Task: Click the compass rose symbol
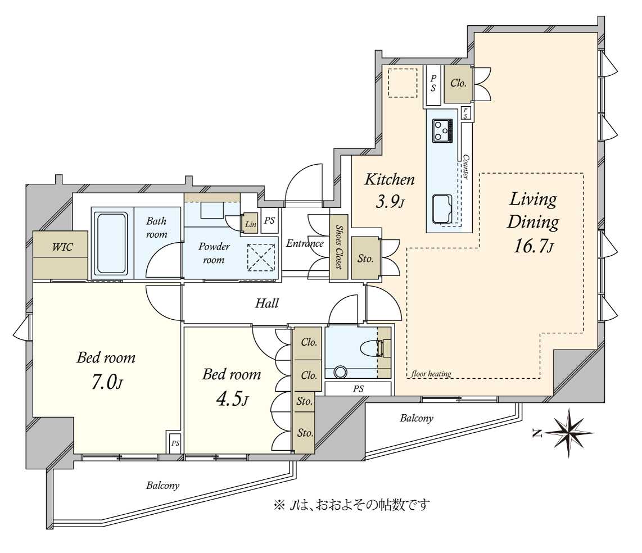pyautogui.click(x=570, y=433)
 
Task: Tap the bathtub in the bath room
pyautogui.click(x=111, y=243)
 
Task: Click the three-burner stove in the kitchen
pyautogui.click(x=443, y=130)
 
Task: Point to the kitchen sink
pyautogui.click(x=442, y=208)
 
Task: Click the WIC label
pyautogui.click(x=62, y=247)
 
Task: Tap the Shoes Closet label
pyautogui.click(x=339, y=246)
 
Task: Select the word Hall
pyautogui.click(x=267, y=303)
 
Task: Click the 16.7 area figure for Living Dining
pyautogui.click(x=533, y=246)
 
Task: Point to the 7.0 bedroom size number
pyautogui.click(x=106, y=382)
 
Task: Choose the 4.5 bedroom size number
pyautogui.click(x=232, y=399)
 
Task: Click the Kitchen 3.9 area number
pyautogui.click(x=390, y=201)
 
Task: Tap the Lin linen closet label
pyautogui.click(x=251, y=225)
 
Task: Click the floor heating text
pyautogui.click(x=431, y=374)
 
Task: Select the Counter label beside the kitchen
pyautogui.click(x=465, y=166)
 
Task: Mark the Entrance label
pyautogui.click(x=305, y=243)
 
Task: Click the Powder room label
pyautogui.click(x=214, y=253)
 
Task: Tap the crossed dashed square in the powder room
pyautogui.click(x=261, y=257)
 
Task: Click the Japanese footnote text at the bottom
pyautogui.click(x=352, y=504)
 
